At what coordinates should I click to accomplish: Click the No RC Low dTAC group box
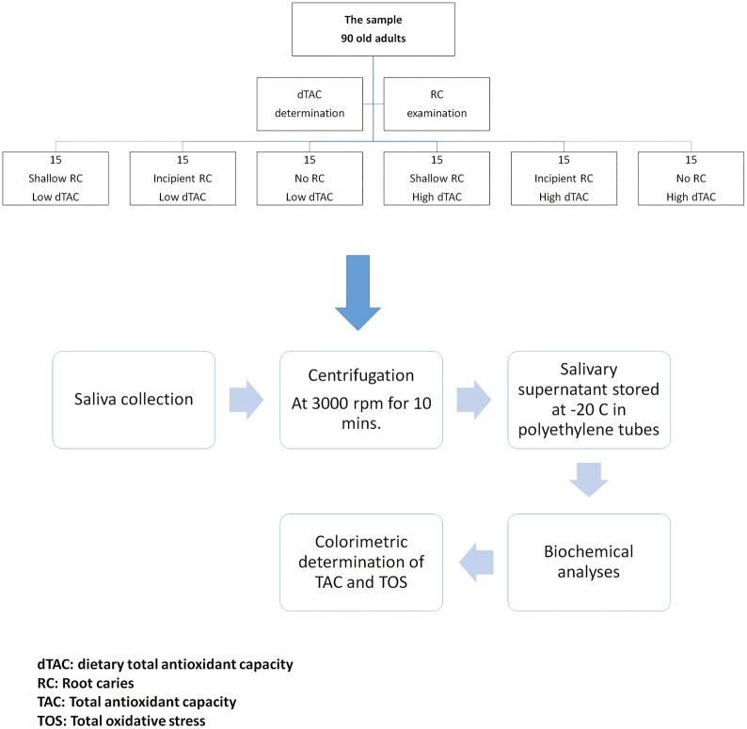coord(310,178)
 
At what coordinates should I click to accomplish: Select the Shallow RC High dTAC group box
coord(436,178)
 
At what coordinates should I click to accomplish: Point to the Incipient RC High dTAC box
coord(563,178)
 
